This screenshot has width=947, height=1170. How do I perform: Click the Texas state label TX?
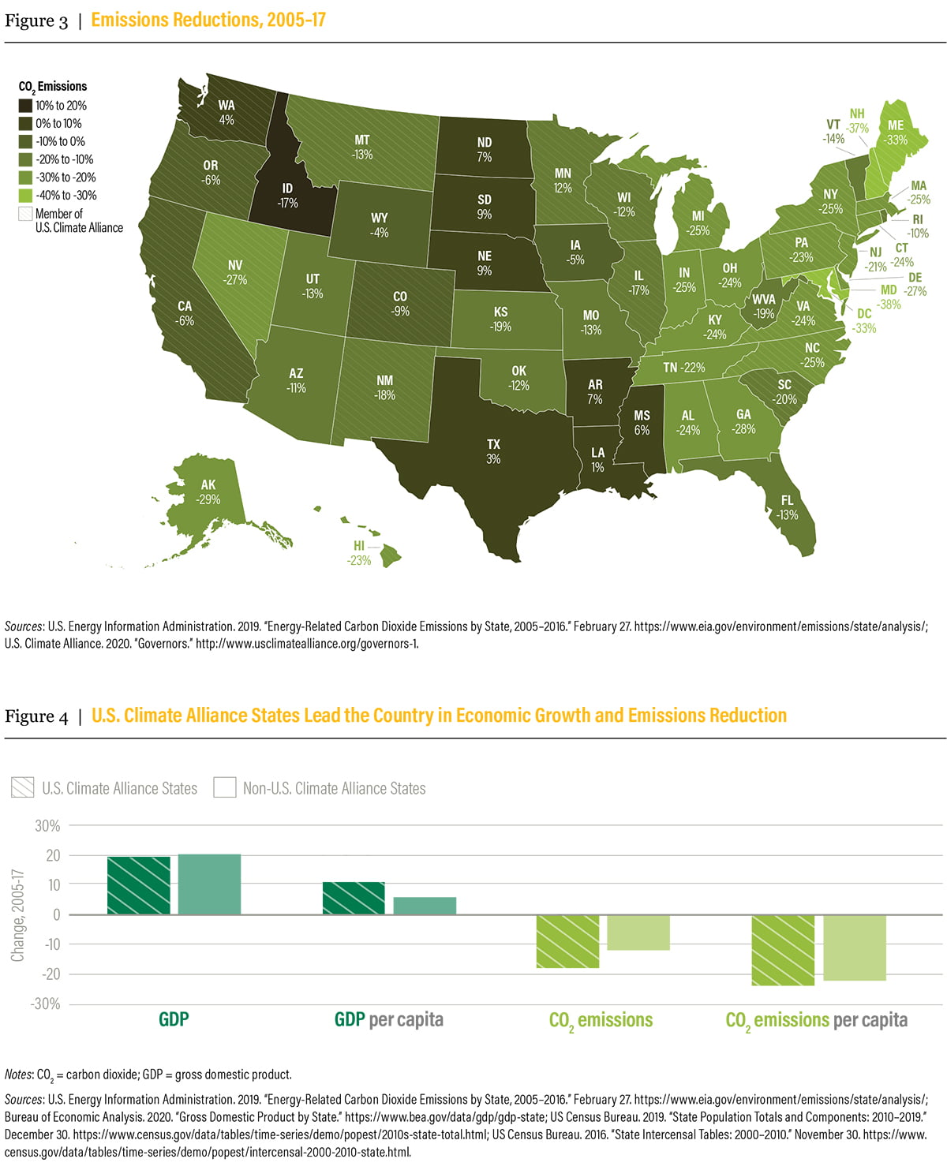(x=493, y=451)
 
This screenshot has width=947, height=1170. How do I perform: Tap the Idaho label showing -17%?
(x=287, y=195)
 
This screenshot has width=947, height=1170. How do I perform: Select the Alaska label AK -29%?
(x=208, y=492)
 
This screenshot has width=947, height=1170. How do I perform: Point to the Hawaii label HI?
(x=359, y=553)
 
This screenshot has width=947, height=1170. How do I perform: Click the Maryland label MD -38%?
(x=889, y=297)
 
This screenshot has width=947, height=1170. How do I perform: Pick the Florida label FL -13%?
(x=787, y=507)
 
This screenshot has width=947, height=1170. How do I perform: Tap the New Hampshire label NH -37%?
(x=857, y=121)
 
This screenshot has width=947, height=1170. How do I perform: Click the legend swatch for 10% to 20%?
(x=26, y=106)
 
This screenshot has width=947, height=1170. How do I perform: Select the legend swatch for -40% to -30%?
(x=26, y=196)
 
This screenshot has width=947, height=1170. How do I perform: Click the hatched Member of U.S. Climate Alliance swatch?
(x=26, y=214)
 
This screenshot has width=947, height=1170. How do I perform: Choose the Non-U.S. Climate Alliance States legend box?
(x=225, y=787)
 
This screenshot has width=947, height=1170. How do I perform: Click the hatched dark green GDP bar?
(x=139, y=885)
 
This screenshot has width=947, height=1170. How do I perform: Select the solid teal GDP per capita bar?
(x=425, y=906)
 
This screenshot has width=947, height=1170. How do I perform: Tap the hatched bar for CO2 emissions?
(x=567, y=941)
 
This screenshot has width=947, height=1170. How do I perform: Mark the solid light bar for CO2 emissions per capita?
(x=855, y=948)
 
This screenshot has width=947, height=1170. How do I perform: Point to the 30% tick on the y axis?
(x=47, y=826)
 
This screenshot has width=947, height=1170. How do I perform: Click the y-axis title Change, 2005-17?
(x=17, y=915)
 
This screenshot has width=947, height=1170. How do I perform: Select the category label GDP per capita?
(x=389, y=1019)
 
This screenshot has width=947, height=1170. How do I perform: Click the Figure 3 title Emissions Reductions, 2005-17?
(x=208, y=20)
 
